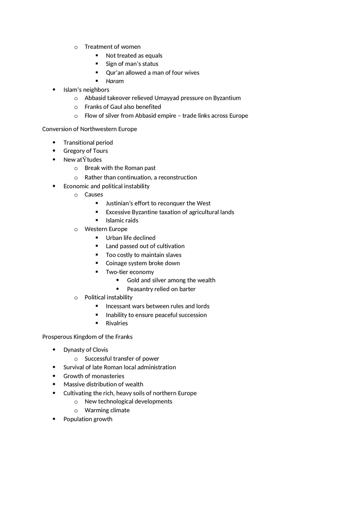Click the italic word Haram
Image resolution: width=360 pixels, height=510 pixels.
115,81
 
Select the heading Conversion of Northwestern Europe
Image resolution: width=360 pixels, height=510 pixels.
90,129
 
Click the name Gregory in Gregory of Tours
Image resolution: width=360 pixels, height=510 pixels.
74,151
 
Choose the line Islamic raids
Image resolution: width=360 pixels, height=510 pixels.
122,220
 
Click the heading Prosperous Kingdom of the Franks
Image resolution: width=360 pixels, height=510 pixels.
87,337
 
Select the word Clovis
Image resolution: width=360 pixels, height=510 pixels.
100,350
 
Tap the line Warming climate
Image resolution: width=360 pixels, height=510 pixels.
107,410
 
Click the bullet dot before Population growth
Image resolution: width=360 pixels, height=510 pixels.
54,419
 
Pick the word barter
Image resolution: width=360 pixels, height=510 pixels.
187,289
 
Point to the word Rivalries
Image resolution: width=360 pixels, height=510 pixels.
117,323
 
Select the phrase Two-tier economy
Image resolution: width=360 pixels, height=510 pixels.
130,272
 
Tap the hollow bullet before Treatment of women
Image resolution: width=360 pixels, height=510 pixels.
76,47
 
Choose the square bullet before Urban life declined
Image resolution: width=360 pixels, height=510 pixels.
97,238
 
